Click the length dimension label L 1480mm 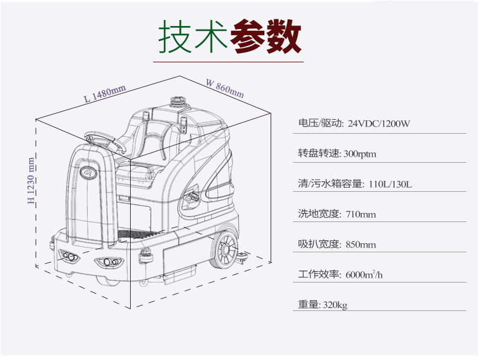point(105,93)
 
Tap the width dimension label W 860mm point(224,88)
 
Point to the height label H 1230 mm point(31,180)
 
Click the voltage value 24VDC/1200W point(379,124)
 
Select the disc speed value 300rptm point(359,154)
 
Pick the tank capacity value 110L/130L point(390,184)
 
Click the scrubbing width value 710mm point(361,214)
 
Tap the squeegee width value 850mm point(361,244)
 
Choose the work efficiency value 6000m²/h point(364,275)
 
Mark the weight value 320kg point(335,305)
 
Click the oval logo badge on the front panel point(90,172)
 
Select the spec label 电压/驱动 point(320,124)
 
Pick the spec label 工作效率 point(319,275)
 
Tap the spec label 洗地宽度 point(319,214)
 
